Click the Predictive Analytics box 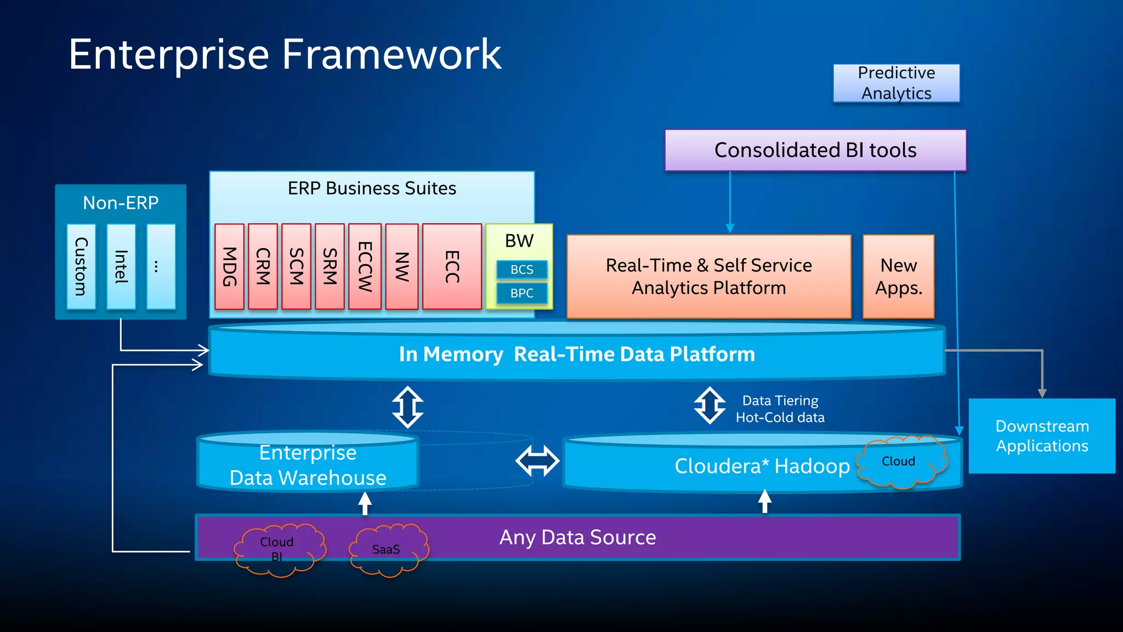coord(896,83)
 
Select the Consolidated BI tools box coord(815,150)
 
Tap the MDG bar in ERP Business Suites coord(229,267)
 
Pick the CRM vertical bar coord(263,267)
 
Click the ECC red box coord(452,267)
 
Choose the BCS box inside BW coord(521,269)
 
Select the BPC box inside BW coord(521,293)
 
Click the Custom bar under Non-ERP coord(81,267)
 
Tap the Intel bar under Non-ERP coord(121,267)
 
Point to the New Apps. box coord(898,276)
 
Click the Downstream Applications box coord(1042,436)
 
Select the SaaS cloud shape coord(387,549)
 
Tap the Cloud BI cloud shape coord(278,549)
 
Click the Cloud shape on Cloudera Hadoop coord(900,461)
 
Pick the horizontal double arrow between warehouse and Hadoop coord(537,461)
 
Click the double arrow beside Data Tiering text coord(710,406)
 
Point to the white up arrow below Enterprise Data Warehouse coord(365,503)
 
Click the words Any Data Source coord(577,537)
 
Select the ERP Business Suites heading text coord(372,188)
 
